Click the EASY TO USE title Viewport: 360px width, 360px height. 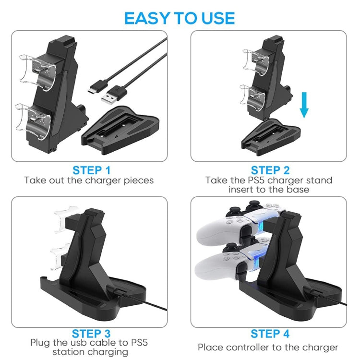(180, 18)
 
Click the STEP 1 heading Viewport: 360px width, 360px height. (91, 170)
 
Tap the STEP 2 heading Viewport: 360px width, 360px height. (271, 170)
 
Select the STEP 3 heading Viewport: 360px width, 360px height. (91, 333)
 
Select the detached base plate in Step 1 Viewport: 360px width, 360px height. (120, 130)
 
